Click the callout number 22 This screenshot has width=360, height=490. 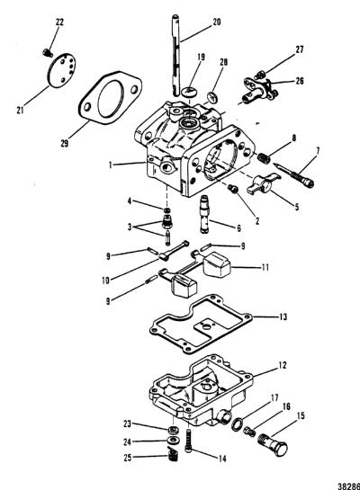coord(59,22)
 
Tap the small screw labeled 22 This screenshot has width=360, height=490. coord(48,53)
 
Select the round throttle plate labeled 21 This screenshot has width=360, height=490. coord(61,71)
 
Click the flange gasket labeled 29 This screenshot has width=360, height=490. coord(110,98)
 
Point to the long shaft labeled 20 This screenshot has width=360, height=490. coord(175,55)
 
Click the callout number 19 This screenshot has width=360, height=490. coord(201,58)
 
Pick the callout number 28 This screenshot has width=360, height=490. coord(223,62)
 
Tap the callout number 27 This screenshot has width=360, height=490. coord(300,49)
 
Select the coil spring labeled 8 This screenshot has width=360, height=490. coord(264,157)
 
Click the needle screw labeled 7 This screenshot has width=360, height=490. coord(293,175)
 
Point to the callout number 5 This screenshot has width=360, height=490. coord(296,207)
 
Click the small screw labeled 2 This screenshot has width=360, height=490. coord(232,188)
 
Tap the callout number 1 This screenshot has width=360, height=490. coord(110,165)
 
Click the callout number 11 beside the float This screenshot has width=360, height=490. coord(265,268)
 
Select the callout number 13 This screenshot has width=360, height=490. coord(283,316)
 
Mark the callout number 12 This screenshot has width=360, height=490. coord(282,365)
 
